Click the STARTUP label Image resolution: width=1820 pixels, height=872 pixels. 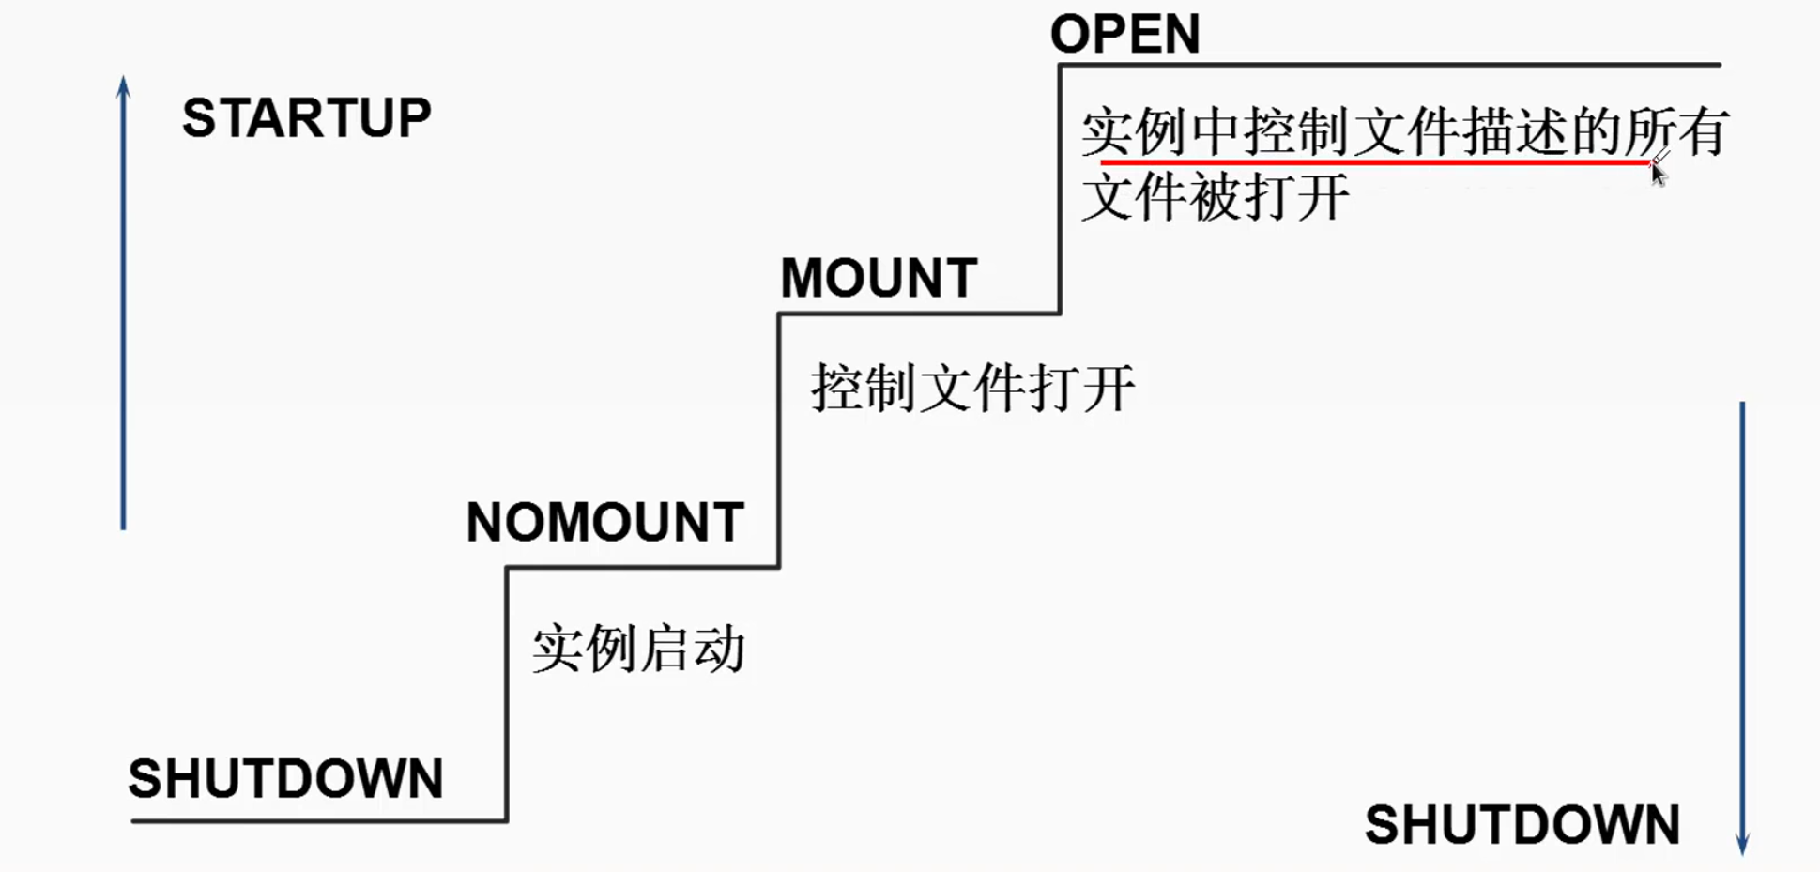tap(306, 118)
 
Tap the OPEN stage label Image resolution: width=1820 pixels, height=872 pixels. tap(1124, 34)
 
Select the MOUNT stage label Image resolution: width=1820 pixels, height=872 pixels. tap(879, 279)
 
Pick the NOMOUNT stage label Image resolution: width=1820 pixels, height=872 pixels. tap(604, 523)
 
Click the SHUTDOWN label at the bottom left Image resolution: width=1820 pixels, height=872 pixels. tap(285, 779)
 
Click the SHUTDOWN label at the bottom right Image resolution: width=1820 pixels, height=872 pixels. tap(1522, 825)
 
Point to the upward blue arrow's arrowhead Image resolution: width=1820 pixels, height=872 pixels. tap(123, 86)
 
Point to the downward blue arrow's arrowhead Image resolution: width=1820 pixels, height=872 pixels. tap(1742, 844)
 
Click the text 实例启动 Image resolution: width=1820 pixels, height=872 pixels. tap(638, 650)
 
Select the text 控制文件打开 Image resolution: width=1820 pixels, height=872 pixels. tap(972, 389)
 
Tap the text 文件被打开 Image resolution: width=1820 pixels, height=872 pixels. tap(1215, 198)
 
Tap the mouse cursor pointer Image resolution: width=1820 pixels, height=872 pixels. tap(1658, 174)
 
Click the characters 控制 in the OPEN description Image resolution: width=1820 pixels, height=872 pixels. tap(1297, 131)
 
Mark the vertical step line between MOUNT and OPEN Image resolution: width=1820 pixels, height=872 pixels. tap(1060, 188)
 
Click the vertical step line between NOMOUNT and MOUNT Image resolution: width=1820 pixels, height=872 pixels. tap(778, 441)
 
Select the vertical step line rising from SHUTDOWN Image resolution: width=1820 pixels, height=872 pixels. tap(507, 695)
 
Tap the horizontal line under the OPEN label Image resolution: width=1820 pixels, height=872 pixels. tap(1389, 65)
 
